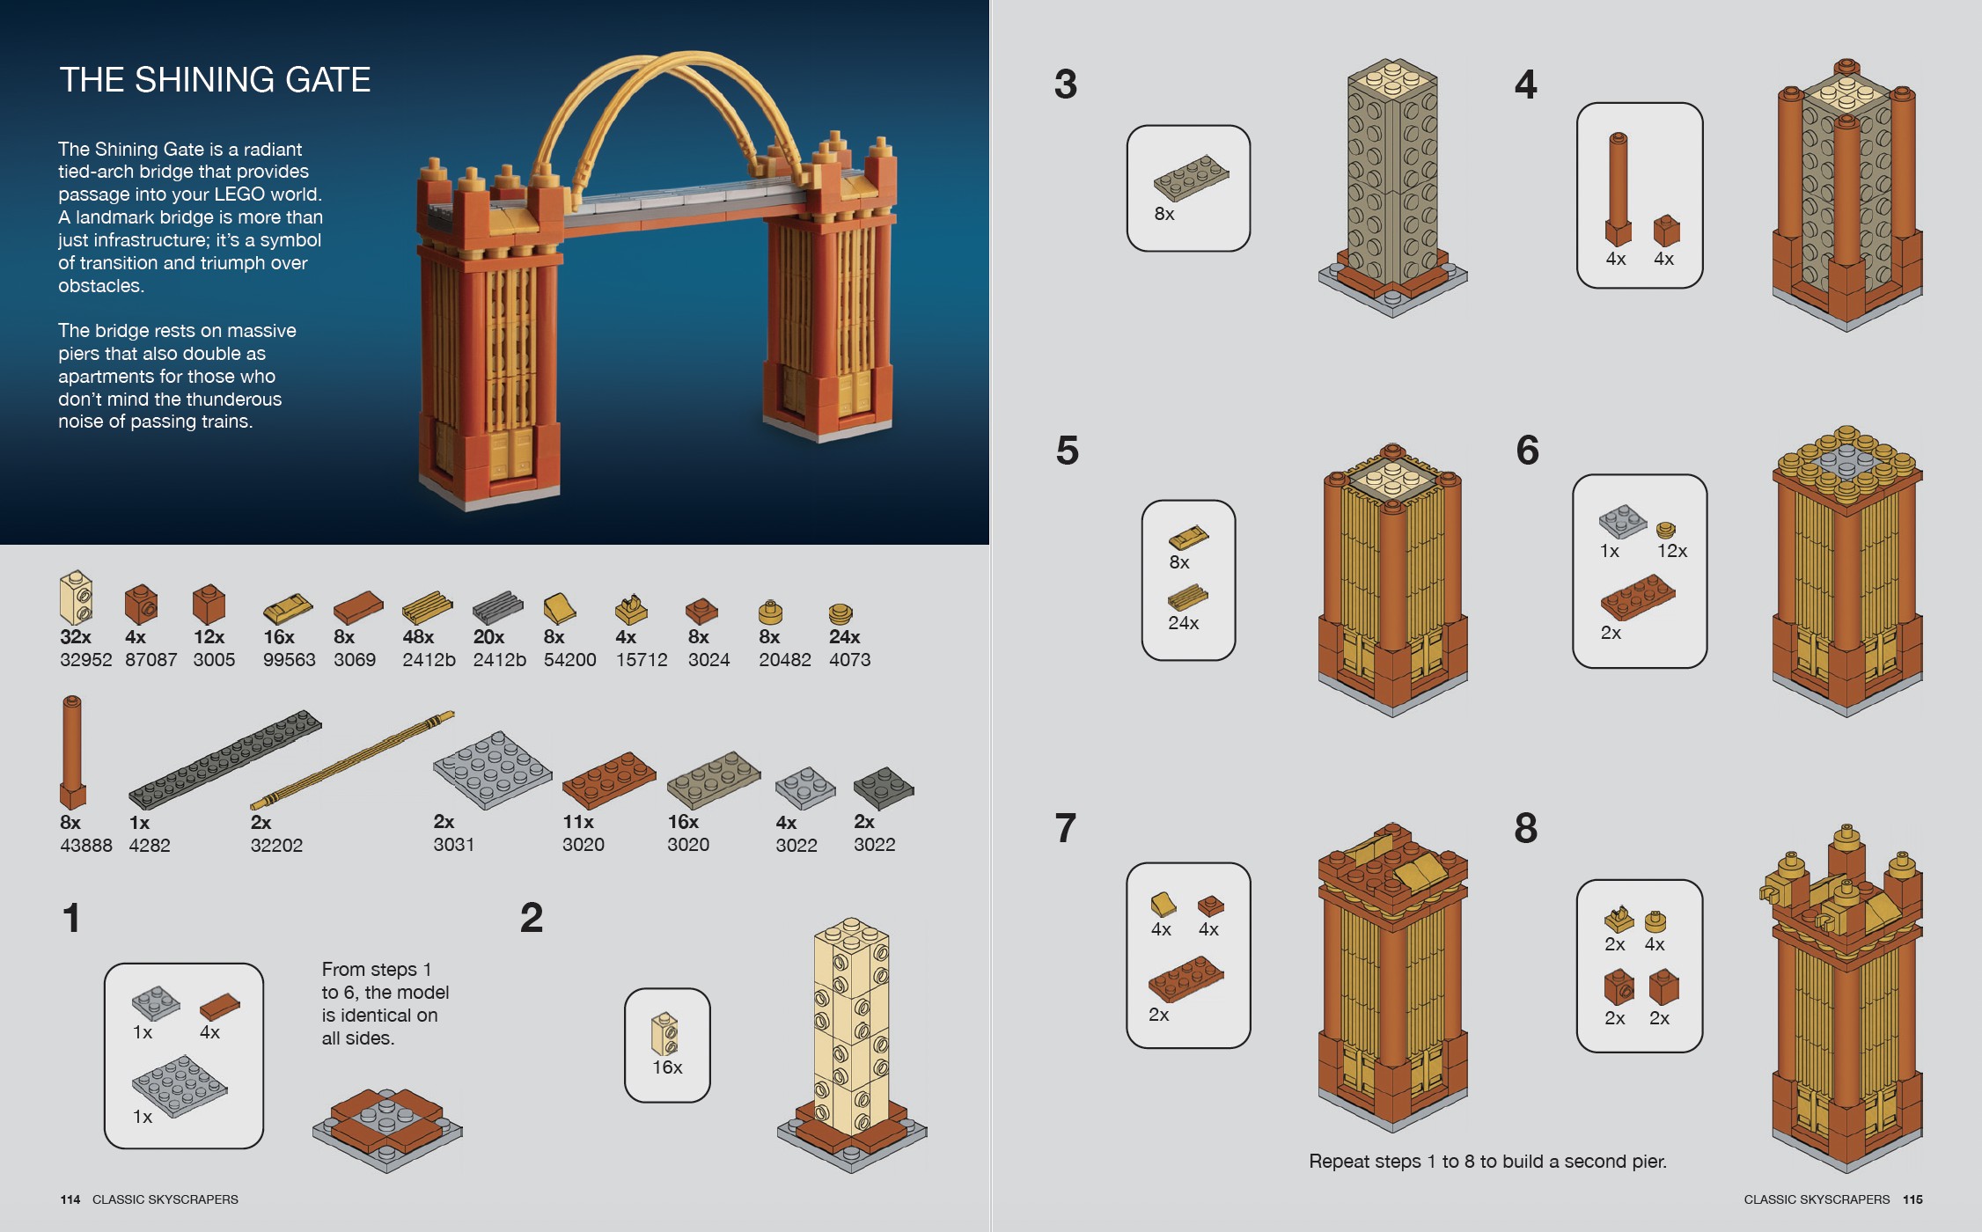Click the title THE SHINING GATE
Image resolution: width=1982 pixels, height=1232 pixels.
(x=215, y=80)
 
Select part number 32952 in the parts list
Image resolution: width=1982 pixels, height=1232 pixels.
(x=85, y=660)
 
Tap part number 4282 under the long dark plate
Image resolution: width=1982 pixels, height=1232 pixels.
(x=150, y=846)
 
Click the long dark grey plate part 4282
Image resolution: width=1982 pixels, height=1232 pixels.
(x=224, y=759)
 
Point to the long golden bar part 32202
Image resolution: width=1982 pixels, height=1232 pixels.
(x=352, y=760)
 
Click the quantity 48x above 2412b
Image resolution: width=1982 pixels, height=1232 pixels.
(x=418, y=637)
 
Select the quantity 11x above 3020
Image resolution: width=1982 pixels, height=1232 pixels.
(x=578, y=822)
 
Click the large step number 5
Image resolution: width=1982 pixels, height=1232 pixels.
(x=1067, y=451)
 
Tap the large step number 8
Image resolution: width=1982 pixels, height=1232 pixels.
(x=1526, y=829)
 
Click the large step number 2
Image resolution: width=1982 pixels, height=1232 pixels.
(x=532, y=919)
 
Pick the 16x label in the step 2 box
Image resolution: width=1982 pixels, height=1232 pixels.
(x=667, y=1067)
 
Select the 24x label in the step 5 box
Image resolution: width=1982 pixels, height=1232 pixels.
(x=1183, y=623)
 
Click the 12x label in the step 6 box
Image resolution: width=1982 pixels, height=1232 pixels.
(x=1671, y=551)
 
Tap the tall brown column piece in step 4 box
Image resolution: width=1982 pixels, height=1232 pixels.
(x=1618, y=188)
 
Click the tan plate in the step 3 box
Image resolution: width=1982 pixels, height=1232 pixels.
(x=1191, y=178)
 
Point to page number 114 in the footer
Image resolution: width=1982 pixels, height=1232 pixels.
(x=70, y=1199)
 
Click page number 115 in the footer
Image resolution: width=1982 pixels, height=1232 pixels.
(x=1912, y=1199)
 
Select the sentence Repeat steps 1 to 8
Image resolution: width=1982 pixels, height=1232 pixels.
(x=1487, y=1162)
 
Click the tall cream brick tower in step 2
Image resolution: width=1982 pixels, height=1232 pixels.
(x=850, y=1025)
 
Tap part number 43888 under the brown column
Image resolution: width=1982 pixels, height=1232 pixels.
(x=85, y=846)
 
